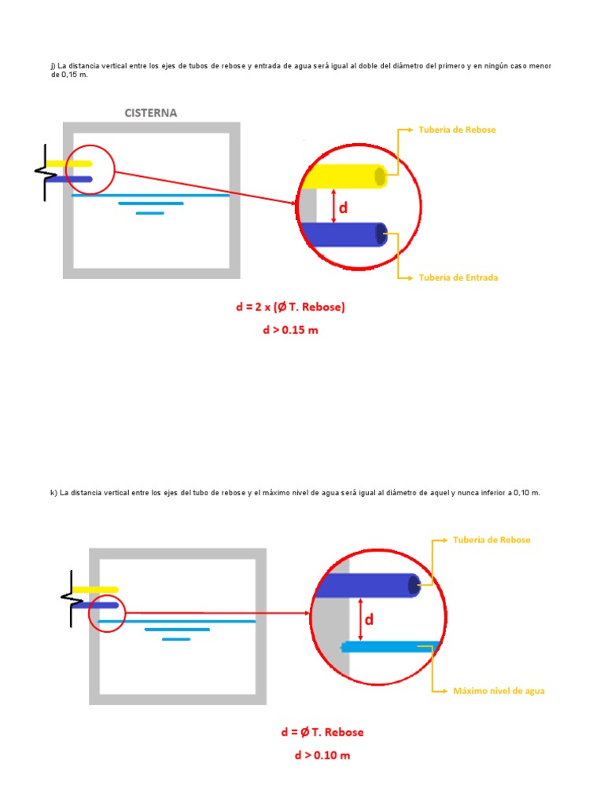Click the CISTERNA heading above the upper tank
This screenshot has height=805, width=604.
pos(151,112)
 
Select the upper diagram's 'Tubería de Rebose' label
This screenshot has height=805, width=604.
pos(456,130)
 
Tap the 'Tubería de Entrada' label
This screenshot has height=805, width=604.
pos(458,278)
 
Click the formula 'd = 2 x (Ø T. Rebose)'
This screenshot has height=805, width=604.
pos(290,307)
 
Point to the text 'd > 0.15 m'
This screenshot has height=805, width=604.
pos(290,330)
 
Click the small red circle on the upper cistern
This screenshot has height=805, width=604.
pos(90,169)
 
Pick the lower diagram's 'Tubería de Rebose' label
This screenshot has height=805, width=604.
pos(491,540)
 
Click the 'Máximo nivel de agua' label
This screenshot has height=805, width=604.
pos(499,691)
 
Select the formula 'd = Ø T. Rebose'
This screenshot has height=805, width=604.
pos(322,732)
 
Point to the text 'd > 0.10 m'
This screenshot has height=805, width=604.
pos(322,755)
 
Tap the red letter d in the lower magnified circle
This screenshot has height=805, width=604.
pos(368,619)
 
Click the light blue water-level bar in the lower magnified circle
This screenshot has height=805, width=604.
pos(389,647)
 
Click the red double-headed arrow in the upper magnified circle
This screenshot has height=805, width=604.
pos(333,206)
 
